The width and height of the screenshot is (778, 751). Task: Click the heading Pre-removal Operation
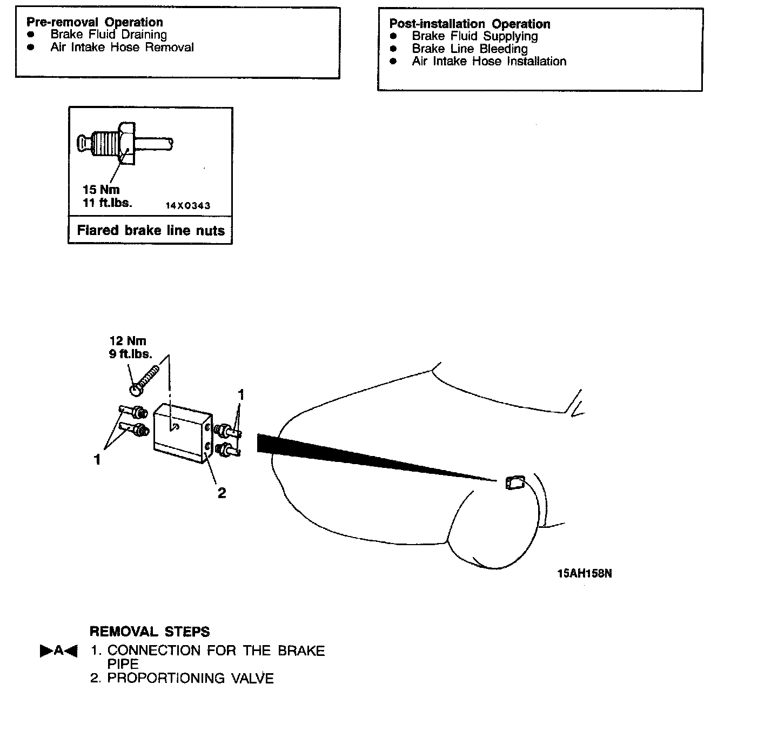[x=95, y=22]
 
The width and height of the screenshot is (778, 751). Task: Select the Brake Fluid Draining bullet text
[x=109, y=35]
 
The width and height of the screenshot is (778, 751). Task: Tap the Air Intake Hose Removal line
[x=122, y=48]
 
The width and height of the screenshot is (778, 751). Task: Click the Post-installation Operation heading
[x=470, y=24]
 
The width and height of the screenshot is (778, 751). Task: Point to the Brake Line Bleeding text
[x=470, y=49]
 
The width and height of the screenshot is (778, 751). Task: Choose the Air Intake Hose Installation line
[x=489, y=62]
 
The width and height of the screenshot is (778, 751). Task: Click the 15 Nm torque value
[x=101, y=190]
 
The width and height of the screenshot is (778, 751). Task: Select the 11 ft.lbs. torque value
[x=107, y=203]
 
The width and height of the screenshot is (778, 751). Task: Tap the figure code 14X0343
[x=187, y=206]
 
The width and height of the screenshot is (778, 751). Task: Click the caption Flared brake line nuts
[x=151, y=231]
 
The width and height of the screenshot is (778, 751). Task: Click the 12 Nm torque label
[x=128, y=341]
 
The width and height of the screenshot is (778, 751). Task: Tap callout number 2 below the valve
[x=222, y=493]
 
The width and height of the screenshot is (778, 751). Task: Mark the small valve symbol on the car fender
[x=514, y=482]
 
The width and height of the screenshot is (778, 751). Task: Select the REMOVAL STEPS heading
[x=150, y=632]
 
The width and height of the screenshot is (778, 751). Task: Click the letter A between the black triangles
[x=59, y=651]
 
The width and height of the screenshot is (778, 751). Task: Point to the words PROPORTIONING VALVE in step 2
[x=190, y=679]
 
